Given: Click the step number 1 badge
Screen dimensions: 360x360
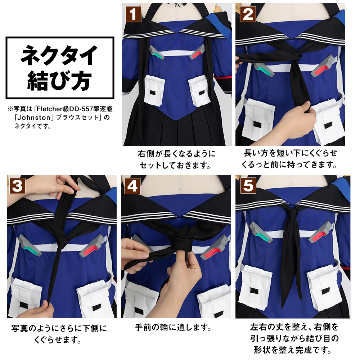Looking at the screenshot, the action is pyautogui.click(x=133, y=14).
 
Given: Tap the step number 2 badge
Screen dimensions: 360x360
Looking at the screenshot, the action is pyautogui.click(x=248, y=14).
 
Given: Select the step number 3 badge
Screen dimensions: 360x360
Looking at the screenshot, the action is pyautogui.click(x=17, y=186).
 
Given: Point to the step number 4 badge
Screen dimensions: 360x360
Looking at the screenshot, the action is pyautogui.click(x=132, y=186).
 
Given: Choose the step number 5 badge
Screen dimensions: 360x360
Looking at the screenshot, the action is pyautogui.click(x=248, y=186).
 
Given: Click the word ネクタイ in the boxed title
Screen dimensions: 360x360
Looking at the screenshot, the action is pyautogui.click(x=59, y=55).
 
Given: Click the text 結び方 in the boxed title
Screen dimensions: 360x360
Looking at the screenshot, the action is pyautogui.click(x=59, y=80).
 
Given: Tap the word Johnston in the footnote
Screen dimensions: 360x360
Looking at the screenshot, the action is pyautogui.click(x=34, y=118).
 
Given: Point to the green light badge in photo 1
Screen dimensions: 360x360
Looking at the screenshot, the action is pyautogui.click(x=157, y=53).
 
